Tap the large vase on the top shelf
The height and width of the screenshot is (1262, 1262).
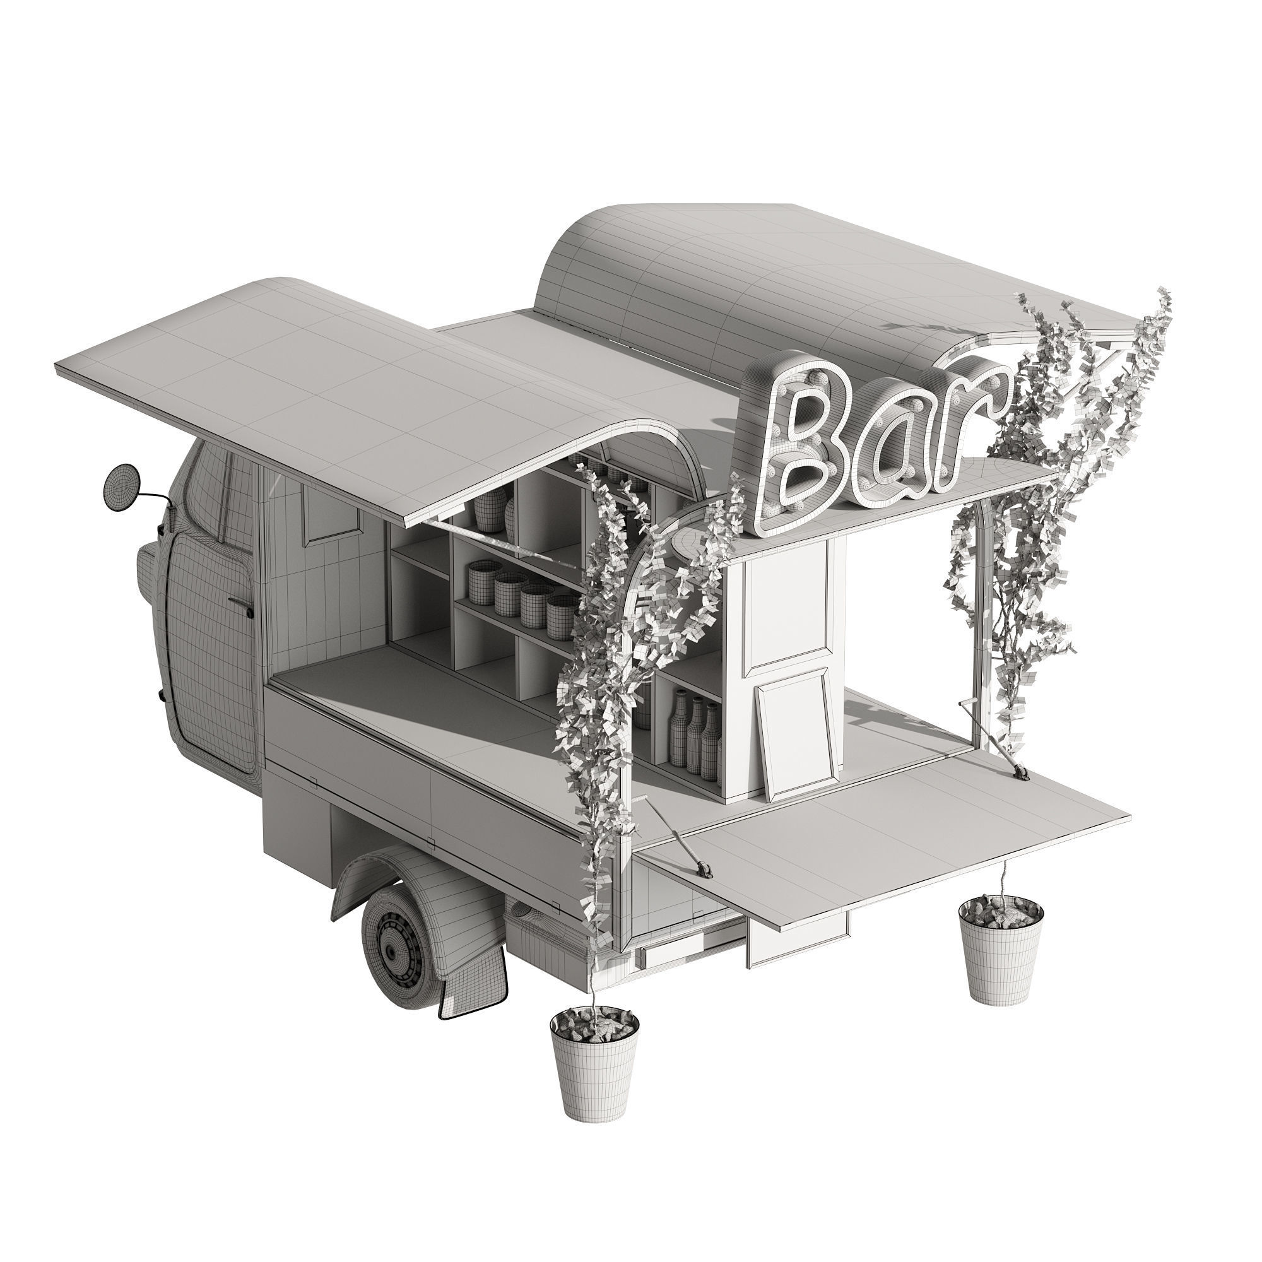490,509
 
